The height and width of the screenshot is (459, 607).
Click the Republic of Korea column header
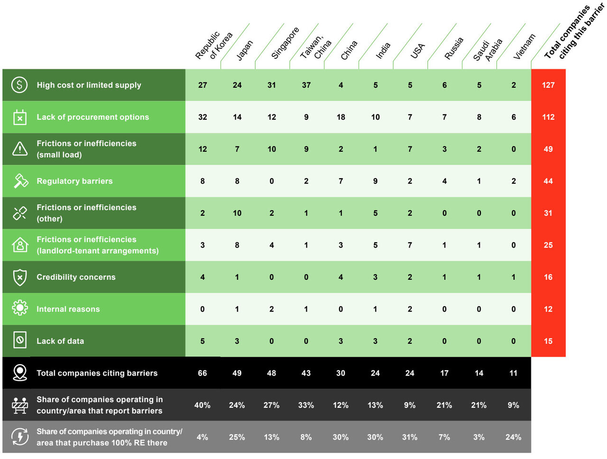point(214,46)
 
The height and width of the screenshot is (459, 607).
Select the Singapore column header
point(285,43)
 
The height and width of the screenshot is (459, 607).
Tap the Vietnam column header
point(524,46)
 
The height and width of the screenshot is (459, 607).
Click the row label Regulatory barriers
point(74,181)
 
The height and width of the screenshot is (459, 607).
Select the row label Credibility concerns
point(76,277)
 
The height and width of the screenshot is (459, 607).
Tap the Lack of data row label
point(60,341)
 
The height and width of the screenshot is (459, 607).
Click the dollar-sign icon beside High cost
point(19,85)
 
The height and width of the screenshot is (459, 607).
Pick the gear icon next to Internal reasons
point(20,309)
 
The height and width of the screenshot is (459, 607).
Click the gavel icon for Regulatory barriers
point(20,181)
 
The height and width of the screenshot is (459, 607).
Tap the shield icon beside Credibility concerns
point(20,277)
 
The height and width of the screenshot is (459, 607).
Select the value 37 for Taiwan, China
point(306,85)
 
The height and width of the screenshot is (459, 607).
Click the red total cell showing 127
point(548,85)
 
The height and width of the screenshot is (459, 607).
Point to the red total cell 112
point(548,117)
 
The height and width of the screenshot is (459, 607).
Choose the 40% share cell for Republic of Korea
point(202,405)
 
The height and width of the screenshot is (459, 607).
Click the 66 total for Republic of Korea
point(202,373)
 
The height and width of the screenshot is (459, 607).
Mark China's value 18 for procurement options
point(341,117)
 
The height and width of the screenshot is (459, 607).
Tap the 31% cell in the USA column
point(410,437)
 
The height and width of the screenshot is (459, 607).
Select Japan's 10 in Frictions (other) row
point(237,213)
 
